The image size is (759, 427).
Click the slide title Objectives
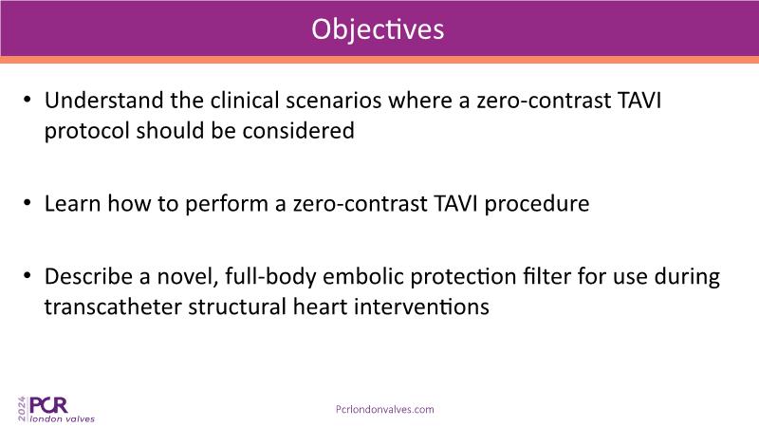tap(378, 29)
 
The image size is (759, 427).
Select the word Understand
tap(104, 101)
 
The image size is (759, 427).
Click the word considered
tap(298, 131)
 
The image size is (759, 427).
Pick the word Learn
tap(73, 203)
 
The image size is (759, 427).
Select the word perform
tap(227, 204)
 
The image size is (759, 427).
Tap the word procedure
tap(537, 204)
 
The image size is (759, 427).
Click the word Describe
tap(89, 276)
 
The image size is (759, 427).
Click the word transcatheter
tap(113, 306)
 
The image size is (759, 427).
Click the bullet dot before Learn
tap(28, 202)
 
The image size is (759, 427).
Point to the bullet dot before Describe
tap(28, 275)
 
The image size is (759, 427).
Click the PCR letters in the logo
tap(48, 405)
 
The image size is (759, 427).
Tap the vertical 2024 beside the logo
tap(22, 409)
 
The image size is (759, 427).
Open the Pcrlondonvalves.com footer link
tap(385, 410)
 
